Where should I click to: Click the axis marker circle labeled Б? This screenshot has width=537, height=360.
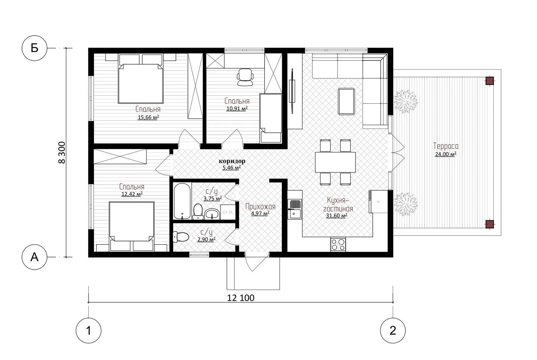click(34, 48)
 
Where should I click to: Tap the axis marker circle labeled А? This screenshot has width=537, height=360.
click(34, 257)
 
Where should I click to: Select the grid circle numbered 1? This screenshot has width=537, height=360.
click(89, 330)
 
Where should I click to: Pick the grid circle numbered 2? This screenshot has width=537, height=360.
click(393, 330)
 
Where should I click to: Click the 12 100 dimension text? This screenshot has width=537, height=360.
click(241, 298)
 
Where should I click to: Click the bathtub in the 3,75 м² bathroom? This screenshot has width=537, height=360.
click(182, 201)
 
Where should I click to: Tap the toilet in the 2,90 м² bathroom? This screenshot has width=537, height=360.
click(181, 237)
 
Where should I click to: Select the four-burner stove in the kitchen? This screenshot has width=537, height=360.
click(338, 244)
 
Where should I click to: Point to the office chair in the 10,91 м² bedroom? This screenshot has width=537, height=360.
click(245, 77)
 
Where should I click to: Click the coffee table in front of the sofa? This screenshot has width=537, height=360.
click(346, 101)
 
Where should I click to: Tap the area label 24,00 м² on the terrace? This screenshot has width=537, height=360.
click(446, 154)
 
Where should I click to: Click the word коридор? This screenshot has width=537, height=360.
click(232, 161)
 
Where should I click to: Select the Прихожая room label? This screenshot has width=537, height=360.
click(261, 207)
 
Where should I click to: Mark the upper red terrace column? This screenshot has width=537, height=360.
click(490, 81)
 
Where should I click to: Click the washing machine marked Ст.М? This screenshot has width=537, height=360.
click(228, 212)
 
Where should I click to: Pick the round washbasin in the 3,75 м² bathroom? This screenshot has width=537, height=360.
click(212, 214)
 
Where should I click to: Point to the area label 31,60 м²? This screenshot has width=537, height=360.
click(336, 216)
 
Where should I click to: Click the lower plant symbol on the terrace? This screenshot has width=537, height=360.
click(405, 204)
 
